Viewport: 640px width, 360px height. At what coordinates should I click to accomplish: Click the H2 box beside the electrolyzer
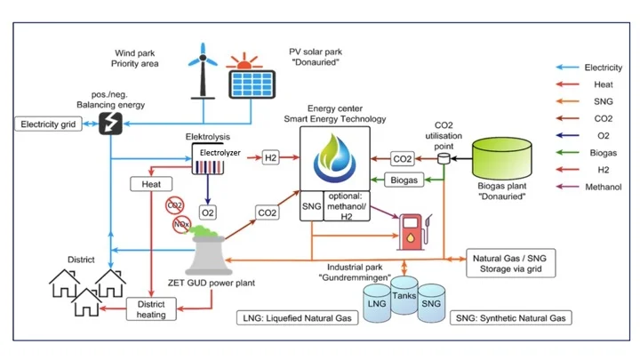pos(271,158)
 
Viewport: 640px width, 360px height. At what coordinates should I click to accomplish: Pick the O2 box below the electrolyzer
pos(207,212)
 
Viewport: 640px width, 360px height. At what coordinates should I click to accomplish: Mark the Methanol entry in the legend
pos(601,188)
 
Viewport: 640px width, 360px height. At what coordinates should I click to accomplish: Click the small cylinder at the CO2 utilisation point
pos(444,157)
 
